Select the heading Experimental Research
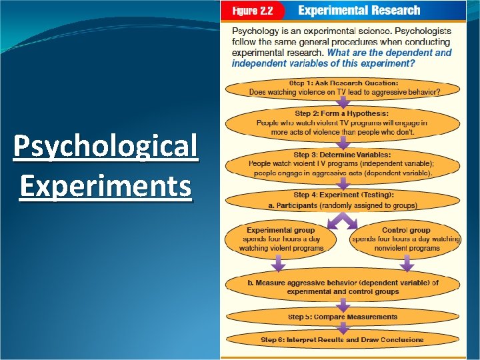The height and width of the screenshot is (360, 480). coord(359,11)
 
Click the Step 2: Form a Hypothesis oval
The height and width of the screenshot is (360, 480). coord(343,123)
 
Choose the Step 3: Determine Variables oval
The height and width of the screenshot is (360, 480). coord(343,163)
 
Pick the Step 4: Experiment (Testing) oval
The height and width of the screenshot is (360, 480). coord(343,200)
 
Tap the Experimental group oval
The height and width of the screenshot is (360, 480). coord(281,239)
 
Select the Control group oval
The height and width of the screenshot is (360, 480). coord(405,239)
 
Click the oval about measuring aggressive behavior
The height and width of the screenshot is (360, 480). coord(343,287)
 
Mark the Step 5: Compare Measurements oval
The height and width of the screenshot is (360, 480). coord(343,317)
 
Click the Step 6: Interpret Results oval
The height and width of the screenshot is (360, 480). coord(343,339)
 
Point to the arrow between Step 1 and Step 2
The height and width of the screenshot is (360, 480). coord(343,103)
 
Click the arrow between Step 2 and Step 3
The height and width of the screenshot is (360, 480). coord(343,143)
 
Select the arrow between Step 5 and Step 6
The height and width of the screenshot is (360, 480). coord(343,328)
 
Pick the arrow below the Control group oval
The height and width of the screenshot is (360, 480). coord(406,265)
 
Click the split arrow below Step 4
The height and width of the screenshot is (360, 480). coord(343,219)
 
